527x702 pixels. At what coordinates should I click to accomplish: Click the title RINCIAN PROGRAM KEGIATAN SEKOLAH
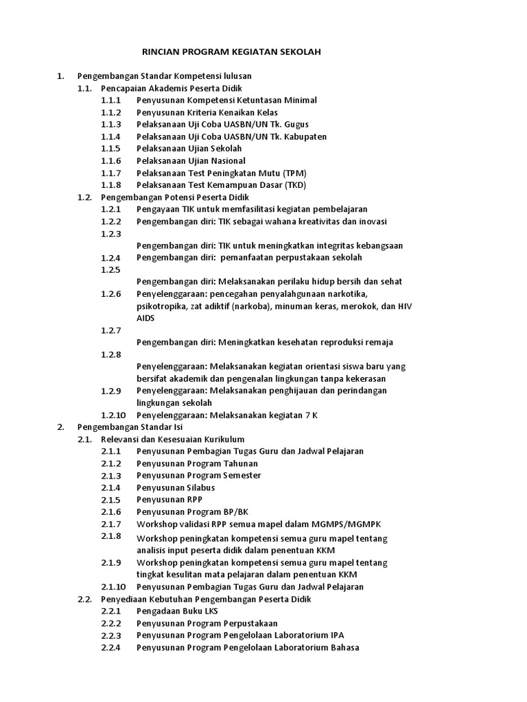coord(222,52)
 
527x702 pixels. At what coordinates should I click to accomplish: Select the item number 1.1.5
coord(110,149)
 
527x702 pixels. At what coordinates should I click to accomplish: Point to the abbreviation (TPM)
coord(290,173)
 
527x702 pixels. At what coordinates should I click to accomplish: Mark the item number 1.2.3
coord(110,234)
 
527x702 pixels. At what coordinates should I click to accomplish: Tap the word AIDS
coord(145,318)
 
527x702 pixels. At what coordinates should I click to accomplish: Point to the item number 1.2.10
coord(113,415)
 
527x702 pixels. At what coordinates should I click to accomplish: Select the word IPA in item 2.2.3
coord(337,636)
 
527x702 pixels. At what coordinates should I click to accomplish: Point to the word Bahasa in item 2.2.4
coord(344,648)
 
